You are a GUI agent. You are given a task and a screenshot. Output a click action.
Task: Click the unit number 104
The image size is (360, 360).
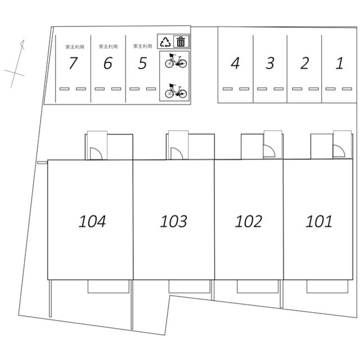point(92,221)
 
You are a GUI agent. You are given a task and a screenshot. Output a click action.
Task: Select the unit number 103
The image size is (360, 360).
point(174,221)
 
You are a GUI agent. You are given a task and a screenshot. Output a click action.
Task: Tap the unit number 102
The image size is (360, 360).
point(249,221)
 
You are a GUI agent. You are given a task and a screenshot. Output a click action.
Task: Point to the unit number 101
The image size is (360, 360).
point(319,221)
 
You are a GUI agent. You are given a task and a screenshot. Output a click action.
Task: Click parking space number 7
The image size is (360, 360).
point(74,63)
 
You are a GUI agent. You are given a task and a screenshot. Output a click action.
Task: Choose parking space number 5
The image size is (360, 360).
point(142,63)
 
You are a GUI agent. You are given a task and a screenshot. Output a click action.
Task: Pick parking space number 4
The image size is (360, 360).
point(235,63)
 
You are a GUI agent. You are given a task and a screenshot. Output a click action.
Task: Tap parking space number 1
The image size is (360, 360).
point(340,63)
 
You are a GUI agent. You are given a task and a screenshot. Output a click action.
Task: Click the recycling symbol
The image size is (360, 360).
point(165,42)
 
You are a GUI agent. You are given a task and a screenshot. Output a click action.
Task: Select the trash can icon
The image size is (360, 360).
point(181,42)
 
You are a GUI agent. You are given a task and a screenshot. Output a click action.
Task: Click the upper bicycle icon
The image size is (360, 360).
point(176,61)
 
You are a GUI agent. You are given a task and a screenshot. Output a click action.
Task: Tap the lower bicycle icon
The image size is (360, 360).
point(176,91)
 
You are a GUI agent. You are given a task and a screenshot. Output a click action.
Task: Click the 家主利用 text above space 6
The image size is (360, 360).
point(108,47)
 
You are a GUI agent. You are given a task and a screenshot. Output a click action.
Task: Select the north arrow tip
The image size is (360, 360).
point(23,40)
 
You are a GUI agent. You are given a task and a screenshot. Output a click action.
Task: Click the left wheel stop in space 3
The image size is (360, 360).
point(262,89)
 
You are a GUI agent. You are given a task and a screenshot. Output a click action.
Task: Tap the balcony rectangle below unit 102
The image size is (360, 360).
point(258,286)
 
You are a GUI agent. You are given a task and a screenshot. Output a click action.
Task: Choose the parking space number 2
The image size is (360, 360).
point(305,63)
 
